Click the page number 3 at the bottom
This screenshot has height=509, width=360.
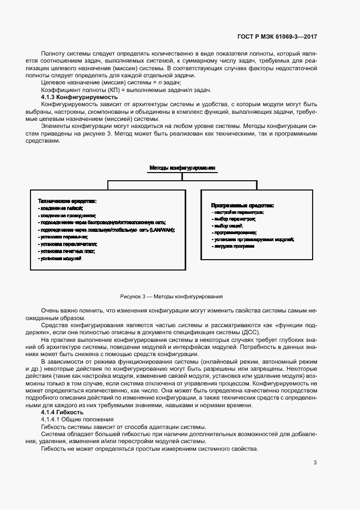(x=315, y=463)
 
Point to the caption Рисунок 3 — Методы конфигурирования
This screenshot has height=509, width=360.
(x=172, y=297)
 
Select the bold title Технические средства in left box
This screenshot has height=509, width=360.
(x=67, y=200)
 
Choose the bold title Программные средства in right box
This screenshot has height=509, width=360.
(x=242, y=205)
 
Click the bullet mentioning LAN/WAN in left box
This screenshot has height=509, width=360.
(x=107, y=230)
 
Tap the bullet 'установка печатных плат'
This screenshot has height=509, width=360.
(x=67, y=251)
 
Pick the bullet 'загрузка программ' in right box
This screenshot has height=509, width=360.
(x=234, y=246)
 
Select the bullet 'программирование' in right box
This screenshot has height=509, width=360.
(x=235, y=232)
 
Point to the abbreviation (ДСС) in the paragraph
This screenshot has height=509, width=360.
(x=251, y=333)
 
